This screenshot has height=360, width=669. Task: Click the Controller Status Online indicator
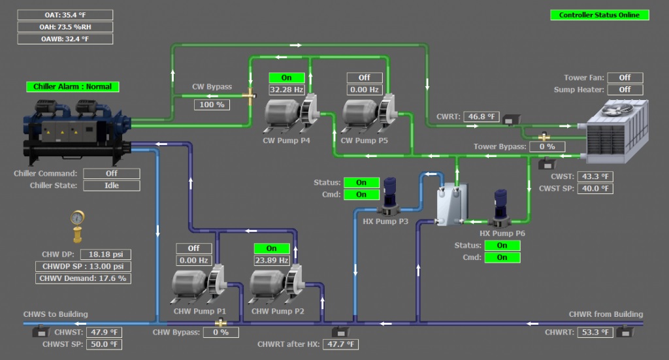coord(599,15)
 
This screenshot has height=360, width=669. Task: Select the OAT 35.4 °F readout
coord(65,15)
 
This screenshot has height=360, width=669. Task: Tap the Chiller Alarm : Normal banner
coord(73,86)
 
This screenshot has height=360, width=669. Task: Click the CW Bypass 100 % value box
coord(212,105)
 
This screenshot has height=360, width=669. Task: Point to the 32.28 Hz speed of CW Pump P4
coord(287,90)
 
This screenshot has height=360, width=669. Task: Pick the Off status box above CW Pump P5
coord(364,78)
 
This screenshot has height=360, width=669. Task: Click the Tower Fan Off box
coord(625,78)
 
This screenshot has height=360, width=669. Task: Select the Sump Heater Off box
coord(625,90)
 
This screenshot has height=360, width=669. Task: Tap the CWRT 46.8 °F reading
coord(481,117)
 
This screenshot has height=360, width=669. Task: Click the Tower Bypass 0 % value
coord(547,147)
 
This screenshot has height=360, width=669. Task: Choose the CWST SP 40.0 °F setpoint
coord(595,189)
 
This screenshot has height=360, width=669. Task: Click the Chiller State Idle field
coord(112,186)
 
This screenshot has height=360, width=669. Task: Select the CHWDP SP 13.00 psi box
coord(84,267)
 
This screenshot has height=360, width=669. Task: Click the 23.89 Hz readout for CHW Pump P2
coord(271,260)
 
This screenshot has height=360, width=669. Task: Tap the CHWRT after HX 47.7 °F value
coord(340,344)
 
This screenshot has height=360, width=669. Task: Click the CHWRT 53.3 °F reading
coord(595,333)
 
